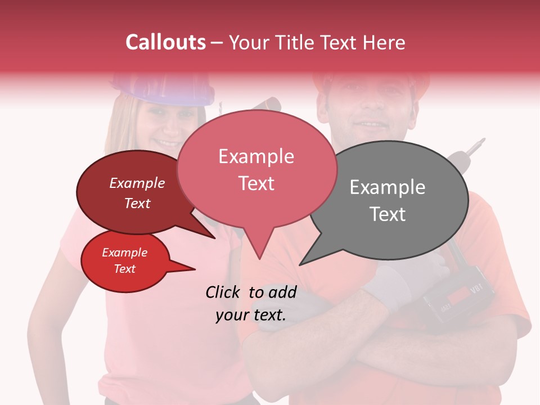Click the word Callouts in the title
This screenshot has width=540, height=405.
coord(165,42)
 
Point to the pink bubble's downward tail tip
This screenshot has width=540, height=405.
coord(259,258)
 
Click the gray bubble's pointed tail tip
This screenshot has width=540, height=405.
coord(301,264)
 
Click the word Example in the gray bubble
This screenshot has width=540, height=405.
coord(387,187)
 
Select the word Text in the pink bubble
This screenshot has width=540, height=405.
coord(256,183)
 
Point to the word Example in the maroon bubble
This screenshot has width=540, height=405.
coord(137,183)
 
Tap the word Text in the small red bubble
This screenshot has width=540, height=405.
coord(125,269)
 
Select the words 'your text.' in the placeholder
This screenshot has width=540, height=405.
coord(251,315)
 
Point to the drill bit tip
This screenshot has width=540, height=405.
coord(481,139)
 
